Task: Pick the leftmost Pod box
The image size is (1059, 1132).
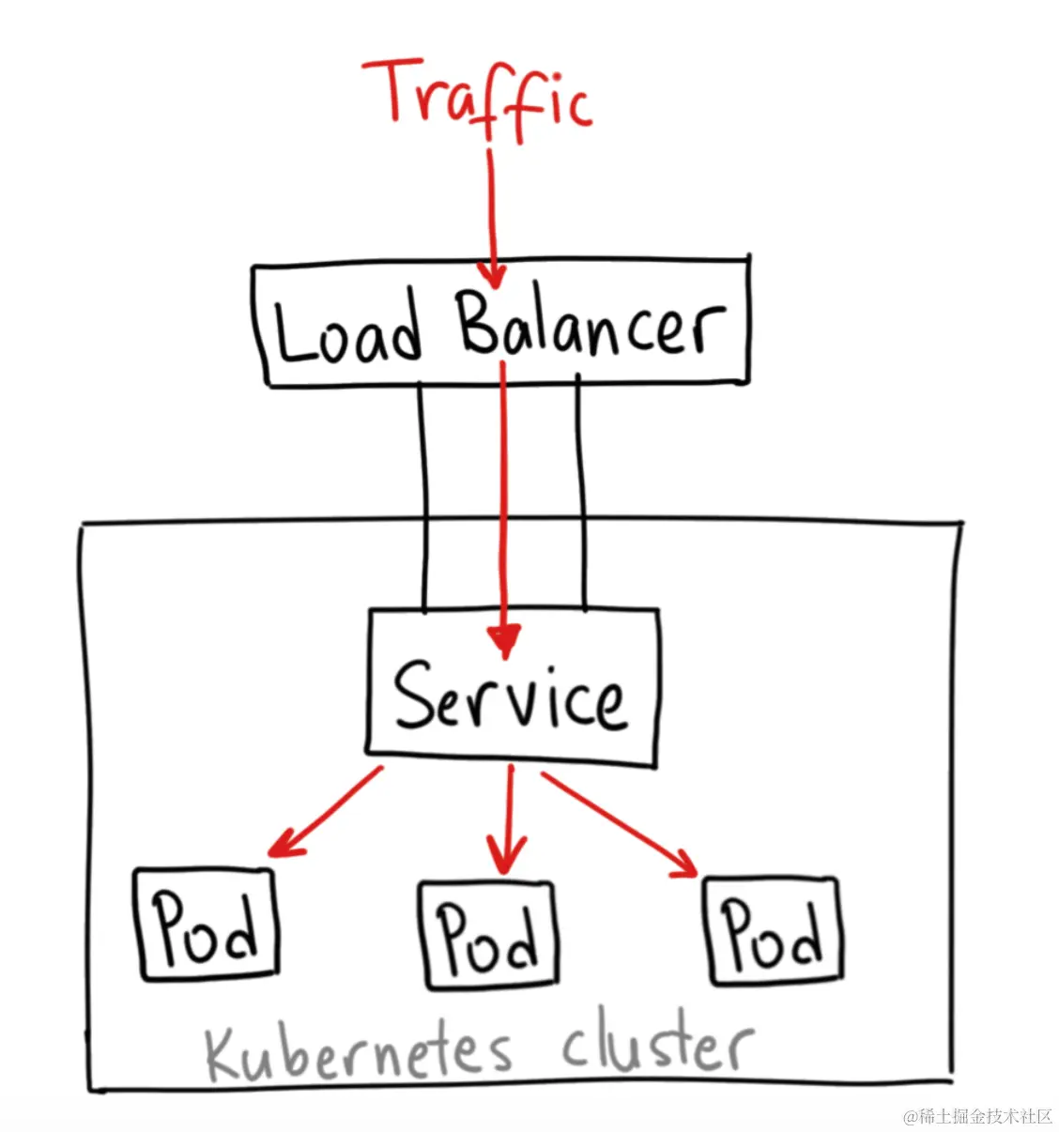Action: [207, 925]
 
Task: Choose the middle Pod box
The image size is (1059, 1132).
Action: [487, 936]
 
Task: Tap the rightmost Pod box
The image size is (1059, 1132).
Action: [773, 931]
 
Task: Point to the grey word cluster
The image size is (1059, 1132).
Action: [657, 1045]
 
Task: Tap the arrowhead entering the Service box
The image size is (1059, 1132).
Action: [504, 642]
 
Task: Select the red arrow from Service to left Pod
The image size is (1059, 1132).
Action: [324, 813]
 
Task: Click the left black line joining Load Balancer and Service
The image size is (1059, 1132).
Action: [423, 497]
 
